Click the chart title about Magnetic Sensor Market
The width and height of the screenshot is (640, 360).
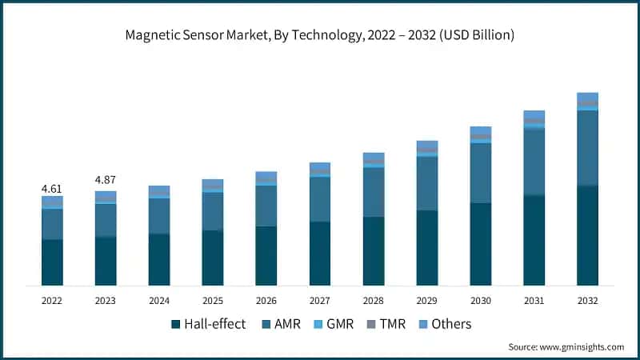tap(319, 35)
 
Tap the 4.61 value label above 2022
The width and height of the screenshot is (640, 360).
tap(52, 189)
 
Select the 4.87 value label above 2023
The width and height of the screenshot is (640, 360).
tap(106, 179)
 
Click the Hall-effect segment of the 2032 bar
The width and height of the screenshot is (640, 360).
tap(588, 235)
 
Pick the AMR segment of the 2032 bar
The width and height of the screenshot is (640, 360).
tap(588, 148)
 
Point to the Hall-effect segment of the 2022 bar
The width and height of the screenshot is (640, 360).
tap(52, 262)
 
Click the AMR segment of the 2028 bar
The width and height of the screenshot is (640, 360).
tap(374, 192)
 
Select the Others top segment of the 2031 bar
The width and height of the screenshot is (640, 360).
tap(534, 114)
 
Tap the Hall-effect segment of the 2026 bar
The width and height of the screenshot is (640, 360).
tap(266, 256)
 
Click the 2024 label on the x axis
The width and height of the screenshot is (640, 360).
tap(159, 301)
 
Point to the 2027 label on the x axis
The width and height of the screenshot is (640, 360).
tap(320, 301)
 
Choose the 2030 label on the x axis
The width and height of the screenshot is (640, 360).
tap(481, 301)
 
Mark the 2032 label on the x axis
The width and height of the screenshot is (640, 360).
tap(588, 301)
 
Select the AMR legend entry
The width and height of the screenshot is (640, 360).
tap(281, 324)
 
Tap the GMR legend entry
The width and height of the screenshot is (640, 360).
tap(338, 324)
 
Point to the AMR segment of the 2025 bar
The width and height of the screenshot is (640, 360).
tap(213, 211)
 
